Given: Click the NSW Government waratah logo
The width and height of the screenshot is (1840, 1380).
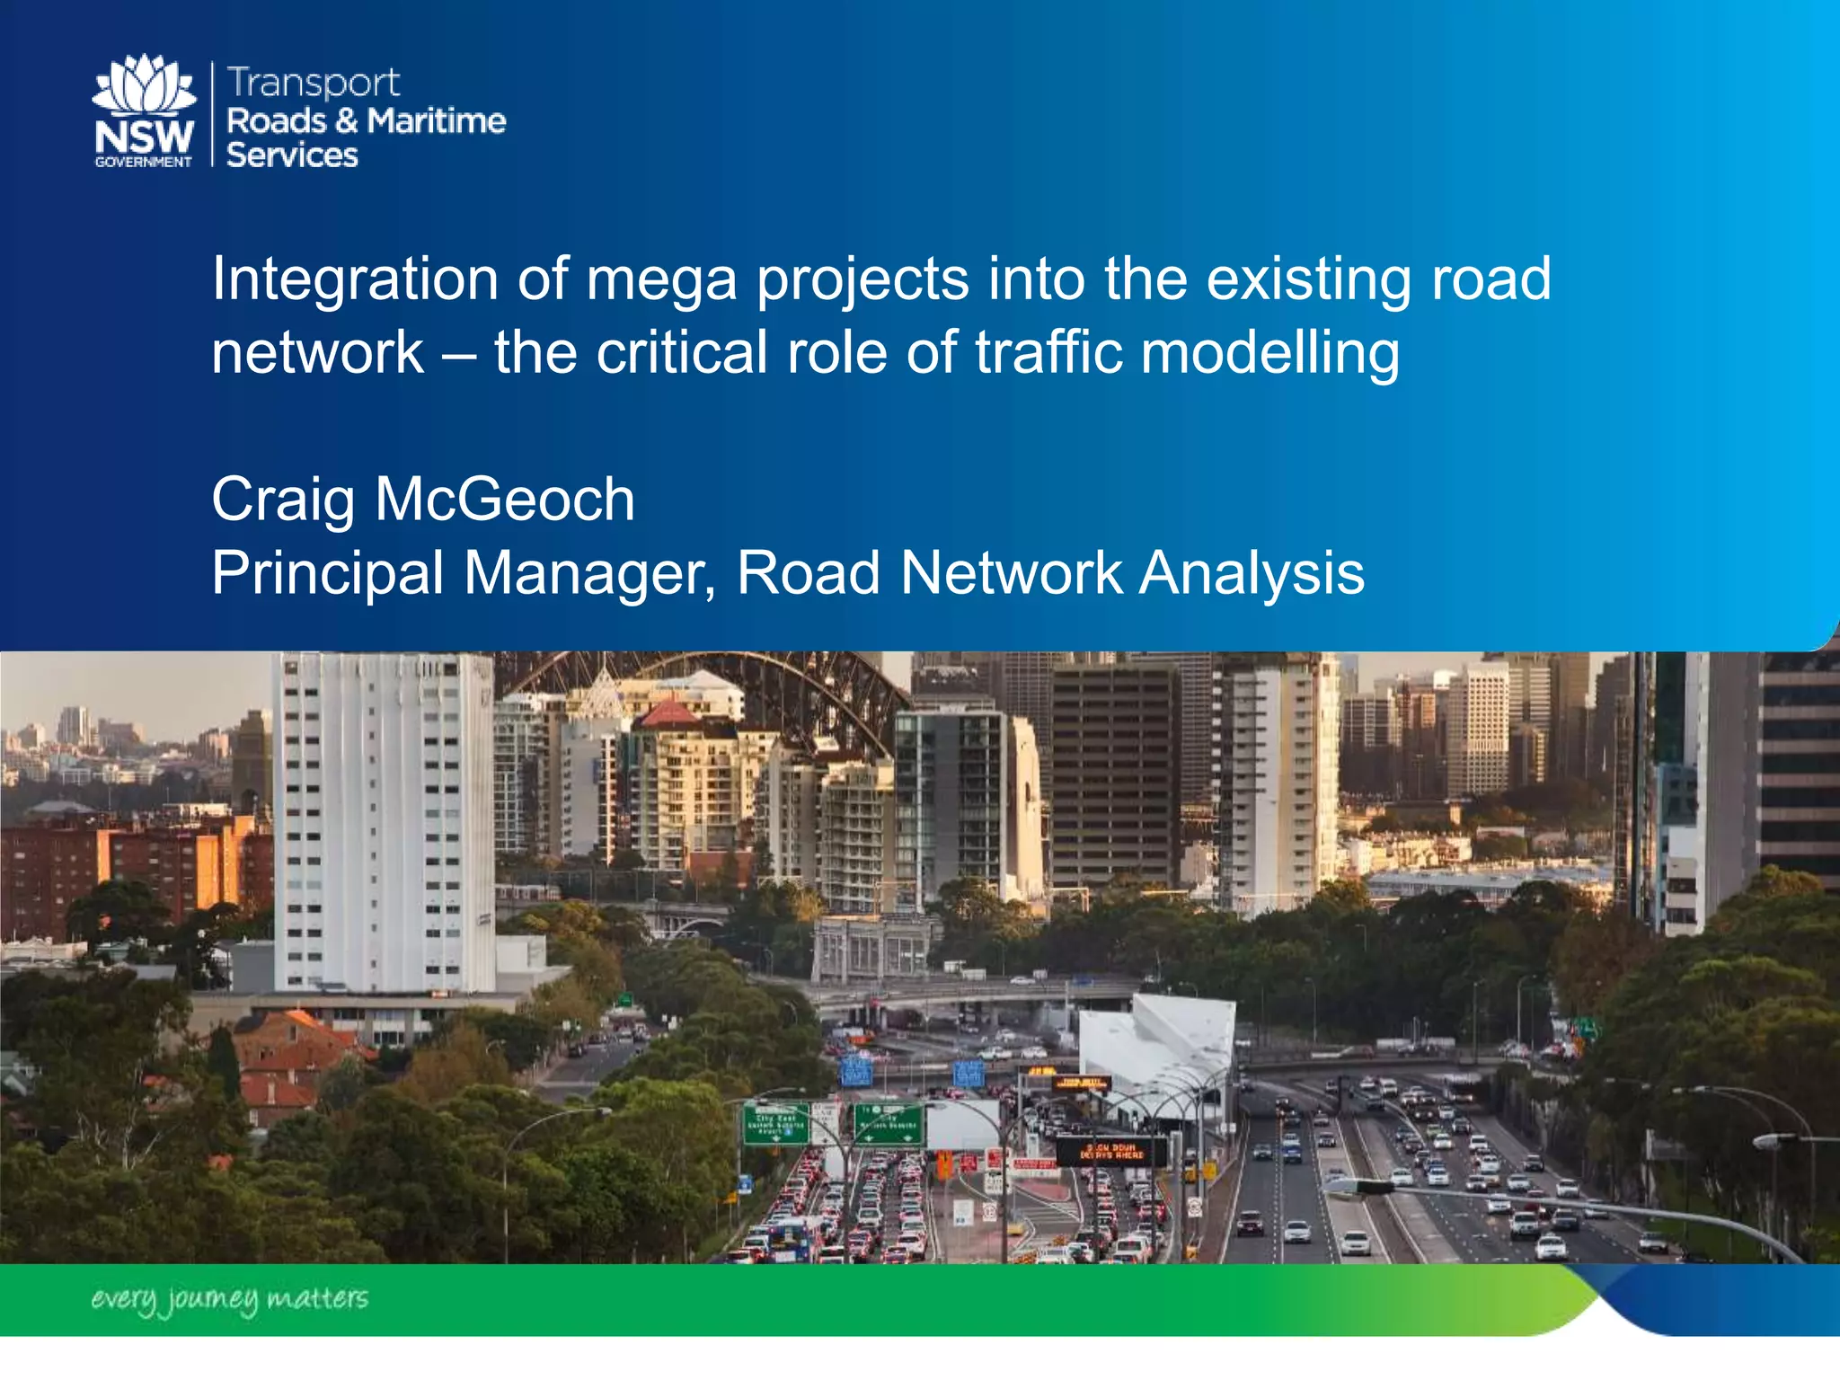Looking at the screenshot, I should (x=144, y=111).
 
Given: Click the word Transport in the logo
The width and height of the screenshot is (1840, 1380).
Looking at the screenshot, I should (x=313, y=84).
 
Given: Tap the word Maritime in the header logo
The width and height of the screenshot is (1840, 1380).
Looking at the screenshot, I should (x=437, y=120).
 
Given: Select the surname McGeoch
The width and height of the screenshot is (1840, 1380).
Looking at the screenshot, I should (x=505, y=500).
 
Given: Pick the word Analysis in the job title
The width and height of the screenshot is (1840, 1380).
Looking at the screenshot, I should (x=1252, y=572).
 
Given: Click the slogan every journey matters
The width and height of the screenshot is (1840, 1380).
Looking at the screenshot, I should (x=229, y=1299).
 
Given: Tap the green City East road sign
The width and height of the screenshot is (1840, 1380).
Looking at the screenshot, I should (x=775, y=1124).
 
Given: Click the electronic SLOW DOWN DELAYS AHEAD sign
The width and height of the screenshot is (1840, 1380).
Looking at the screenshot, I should (x=1110, y=1151).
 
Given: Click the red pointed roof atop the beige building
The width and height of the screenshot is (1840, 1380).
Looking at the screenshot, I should (x=668, y=714).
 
